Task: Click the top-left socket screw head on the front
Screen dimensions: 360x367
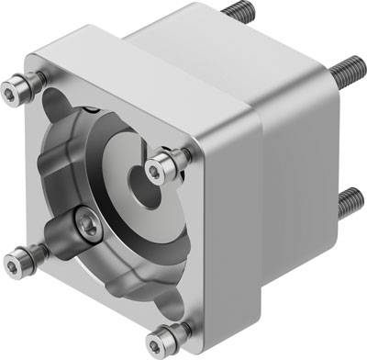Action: (x=15, y=88)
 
